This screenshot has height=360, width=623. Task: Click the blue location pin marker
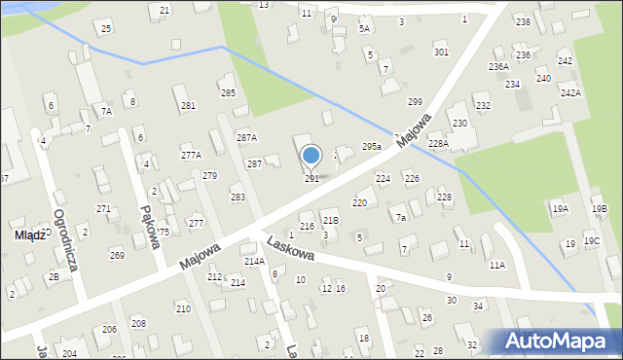(311, 156)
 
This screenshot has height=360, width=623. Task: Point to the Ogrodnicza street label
(71, 239)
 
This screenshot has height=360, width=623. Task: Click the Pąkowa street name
(149, 227)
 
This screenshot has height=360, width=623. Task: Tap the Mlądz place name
(20, 234)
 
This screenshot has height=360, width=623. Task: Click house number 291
(311, 179)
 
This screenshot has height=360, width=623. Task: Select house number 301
(441, 52)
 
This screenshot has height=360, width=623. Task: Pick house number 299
(415, 102)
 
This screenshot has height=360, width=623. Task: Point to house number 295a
(371, 146)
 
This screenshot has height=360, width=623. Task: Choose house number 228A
(438, 143)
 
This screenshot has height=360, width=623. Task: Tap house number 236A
(498, 66)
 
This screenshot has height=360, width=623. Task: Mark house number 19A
(560, 209)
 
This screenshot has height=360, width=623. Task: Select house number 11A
(497, 265)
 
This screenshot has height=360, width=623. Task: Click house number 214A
(254, 262)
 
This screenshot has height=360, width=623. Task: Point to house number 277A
(191, 156)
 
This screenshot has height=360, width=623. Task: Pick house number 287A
(246, 138)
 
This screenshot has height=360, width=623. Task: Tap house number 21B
(330, 221)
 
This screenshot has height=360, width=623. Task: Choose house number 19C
(592, 241)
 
